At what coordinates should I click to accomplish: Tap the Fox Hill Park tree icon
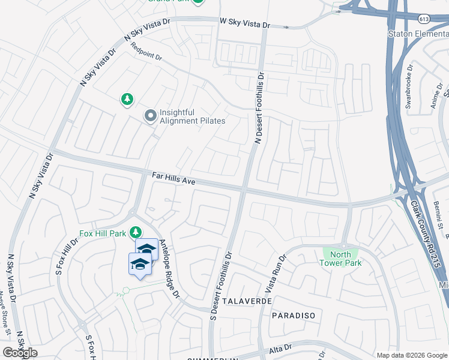coord(136,232)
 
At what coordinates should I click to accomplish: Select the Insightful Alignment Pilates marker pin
coord(149,115)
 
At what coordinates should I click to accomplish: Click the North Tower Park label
coord(340,259)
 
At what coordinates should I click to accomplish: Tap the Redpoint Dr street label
coord(146,52)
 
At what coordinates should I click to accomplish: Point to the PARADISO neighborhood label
coord(294,315)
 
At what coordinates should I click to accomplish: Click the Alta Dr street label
coord(280,347)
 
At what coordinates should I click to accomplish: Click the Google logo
coord(20,353)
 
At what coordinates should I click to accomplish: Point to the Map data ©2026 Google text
coord(411,355)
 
